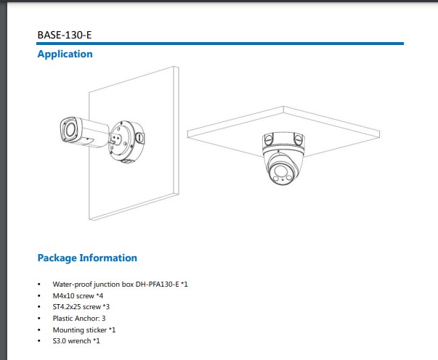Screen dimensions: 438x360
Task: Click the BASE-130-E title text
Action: [65, 35]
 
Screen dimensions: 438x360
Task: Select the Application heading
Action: [65, 54]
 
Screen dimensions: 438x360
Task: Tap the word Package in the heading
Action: [57, 258]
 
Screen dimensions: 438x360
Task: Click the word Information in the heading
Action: [108, 258]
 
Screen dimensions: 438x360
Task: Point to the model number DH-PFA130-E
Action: [157, 285]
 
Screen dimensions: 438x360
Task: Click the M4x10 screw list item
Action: [78, 296]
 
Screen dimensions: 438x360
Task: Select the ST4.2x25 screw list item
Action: [81, 307]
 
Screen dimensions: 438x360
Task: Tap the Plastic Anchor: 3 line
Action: [79, 319]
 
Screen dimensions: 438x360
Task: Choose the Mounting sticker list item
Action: [84, 330]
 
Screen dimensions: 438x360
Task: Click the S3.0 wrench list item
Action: [76, 341]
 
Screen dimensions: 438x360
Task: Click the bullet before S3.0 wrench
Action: [39, 341]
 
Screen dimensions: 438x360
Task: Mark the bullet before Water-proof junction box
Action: [39, 285]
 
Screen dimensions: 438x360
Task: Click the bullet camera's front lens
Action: [69, 129]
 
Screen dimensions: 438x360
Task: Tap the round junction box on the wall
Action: [126, 142]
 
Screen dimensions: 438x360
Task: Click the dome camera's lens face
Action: [282, 173]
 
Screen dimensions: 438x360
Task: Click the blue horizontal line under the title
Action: [220, 44]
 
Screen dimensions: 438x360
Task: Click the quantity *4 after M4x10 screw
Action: [100, 296]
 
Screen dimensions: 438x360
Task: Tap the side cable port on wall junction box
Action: [139, 138]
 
